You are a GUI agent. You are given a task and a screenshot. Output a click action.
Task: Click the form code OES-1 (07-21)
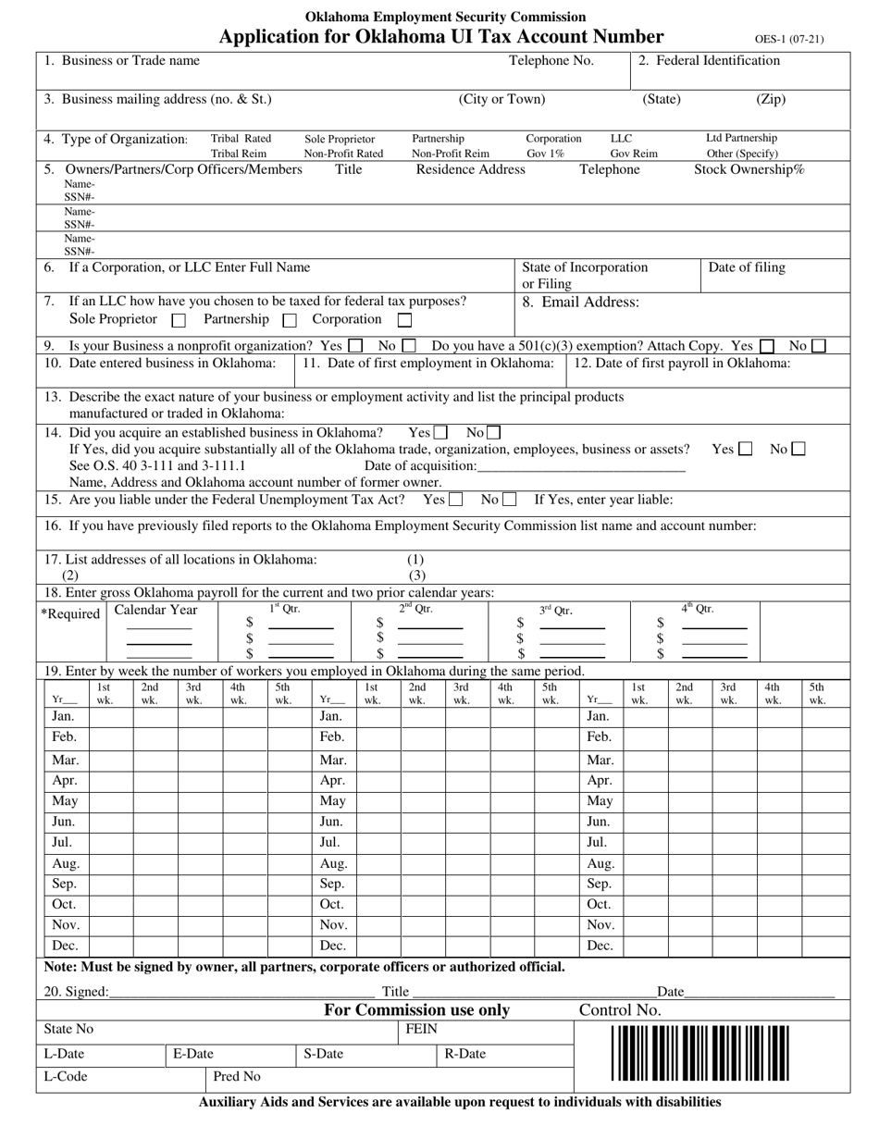pyautogui.click(x=788, y=40)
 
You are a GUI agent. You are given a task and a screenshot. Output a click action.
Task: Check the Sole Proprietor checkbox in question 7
pyautogui.click(x=180, y=321)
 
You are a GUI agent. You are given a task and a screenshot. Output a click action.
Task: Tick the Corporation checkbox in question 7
pyautogui.click(x=404, y=320)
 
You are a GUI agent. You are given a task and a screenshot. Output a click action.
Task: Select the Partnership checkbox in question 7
pyautogui.click(x=289, y=321)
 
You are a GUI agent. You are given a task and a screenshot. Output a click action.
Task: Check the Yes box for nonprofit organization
pyautogui.click(x=355, y=346)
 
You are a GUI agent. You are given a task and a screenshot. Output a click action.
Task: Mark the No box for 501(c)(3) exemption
pyautogui.click(x=818, y=346)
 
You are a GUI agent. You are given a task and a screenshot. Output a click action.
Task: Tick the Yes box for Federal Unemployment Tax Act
pyautogui.click(x=455, y=501)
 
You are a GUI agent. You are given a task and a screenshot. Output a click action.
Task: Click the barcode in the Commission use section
pyautogui.click(x=699, y=1053)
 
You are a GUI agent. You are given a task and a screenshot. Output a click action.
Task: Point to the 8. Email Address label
pyautogui.click(x=580, y=302)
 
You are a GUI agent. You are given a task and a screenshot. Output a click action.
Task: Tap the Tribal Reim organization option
pyautogui.click(x=239, y=154)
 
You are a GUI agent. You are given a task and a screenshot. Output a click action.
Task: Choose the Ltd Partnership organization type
pyautogui.click(x=742, y=138)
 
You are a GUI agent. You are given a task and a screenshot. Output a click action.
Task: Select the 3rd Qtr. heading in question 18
pyautogui.click(x=556, y=611)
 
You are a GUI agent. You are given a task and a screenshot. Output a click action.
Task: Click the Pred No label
pyautogui.click(x=237, y=1077)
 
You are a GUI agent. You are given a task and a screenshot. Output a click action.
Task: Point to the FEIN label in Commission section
pyautogui.click(x=422, y=1029)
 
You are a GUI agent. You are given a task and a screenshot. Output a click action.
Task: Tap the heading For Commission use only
pyautogui.click(x=416, y=1010)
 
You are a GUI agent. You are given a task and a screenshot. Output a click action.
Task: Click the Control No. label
pyautogui.click(x=620, y=1010)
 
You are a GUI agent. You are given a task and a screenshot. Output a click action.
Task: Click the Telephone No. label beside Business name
pyautogui.click(x=551, y=61)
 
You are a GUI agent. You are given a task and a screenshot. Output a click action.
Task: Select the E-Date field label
pyautogui.click(x=192, y=1054)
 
